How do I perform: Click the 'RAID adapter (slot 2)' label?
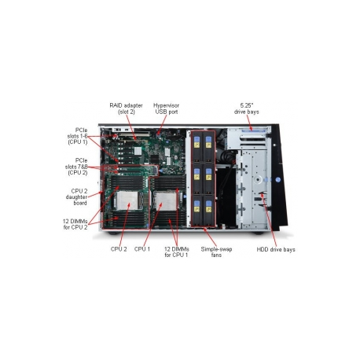(126, 108)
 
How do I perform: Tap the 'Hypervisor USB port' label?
(167, 108)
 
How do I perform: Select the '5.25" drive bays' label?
(247, 108)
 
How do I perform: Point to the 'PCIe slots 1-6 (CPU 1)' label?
(78, 136)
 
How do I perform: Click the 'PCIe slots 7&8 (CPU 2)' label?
(76, 167)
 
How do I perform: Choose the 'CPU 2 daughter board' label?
(76, 197)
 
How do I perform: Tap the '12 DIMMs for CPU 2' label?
(75, 224)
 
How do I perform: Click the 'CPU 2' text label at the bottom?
(119, 249)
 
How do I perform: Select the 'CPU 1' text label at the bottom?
(142, 249)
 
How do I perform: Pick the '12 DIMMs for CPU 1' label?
(177, 252)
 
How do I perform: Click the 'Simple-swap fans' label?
(216, 252)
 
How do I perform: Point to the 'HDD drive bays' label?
(276, 249)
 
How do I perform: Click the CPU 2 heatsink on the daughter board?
(127, 200)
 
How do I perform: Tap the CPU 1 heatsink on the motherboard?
(166, 201)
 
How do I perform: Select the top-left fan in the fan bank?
(197, 146)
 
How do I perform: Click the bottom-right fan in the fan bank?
(208, 210)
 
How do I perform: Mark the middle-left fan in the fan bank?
(197, 178)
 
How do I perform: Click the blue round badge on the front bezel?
(278, 180)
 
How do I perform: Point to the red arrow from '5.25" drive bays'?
(249, 123)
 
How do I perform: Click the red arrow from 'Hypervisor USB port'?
(162, 124)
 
